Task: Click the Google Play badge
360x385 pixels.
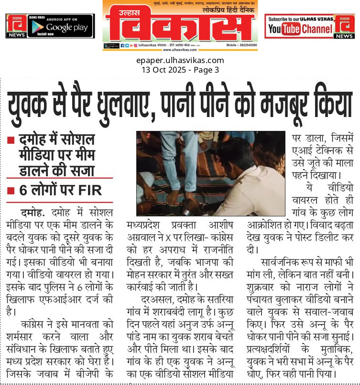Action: (60, 28)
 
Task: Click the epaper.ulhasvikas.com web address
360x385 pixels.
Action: (180, 60)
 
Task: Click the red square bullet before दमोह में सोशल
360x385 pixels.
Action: (11, 141)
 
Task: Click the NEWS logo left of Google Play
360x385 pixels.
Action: (15, 26)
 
